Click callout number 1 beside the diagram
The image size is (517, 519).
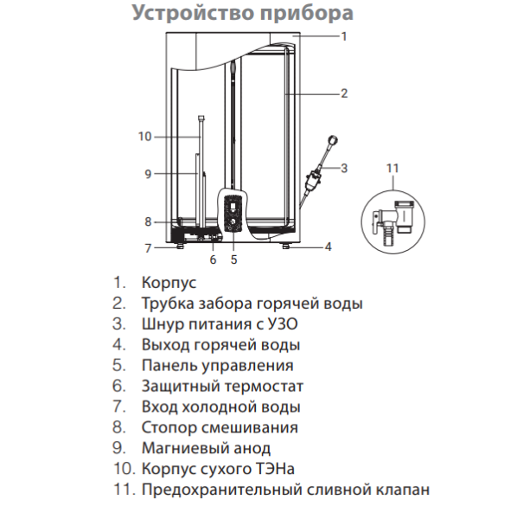click(x=344, y=36)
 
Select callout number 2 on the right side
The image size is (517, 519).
click(x=344, y=93)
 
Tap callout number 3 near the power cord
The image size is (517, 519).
click(x=344, y=167)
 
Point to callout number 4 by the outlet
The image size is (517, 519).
click(x=329, y=247)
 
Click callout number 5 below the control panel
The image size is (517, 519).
click(x=233, y=258)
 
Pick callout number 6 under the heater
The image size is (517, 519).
click(x=213, y=258)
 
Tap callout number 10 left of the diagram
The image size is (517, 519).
click(x=144, y=136)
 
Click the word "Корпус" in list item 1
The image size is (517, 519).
click(x=169, y=282)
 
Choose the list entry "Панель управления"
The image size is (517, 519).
click(x=217, y=366)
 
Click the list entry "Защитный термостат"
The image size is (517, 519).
click(x=222, y=387)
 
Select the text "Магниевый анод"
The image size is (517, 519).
click(x=206, y=448)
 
